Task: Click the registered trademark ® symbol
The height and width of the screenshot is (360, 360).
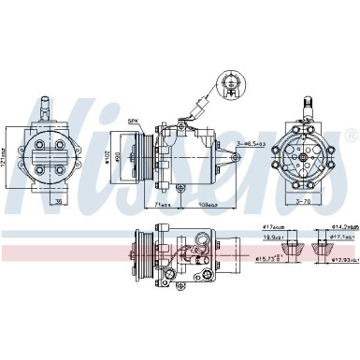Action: click(351, 136)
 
